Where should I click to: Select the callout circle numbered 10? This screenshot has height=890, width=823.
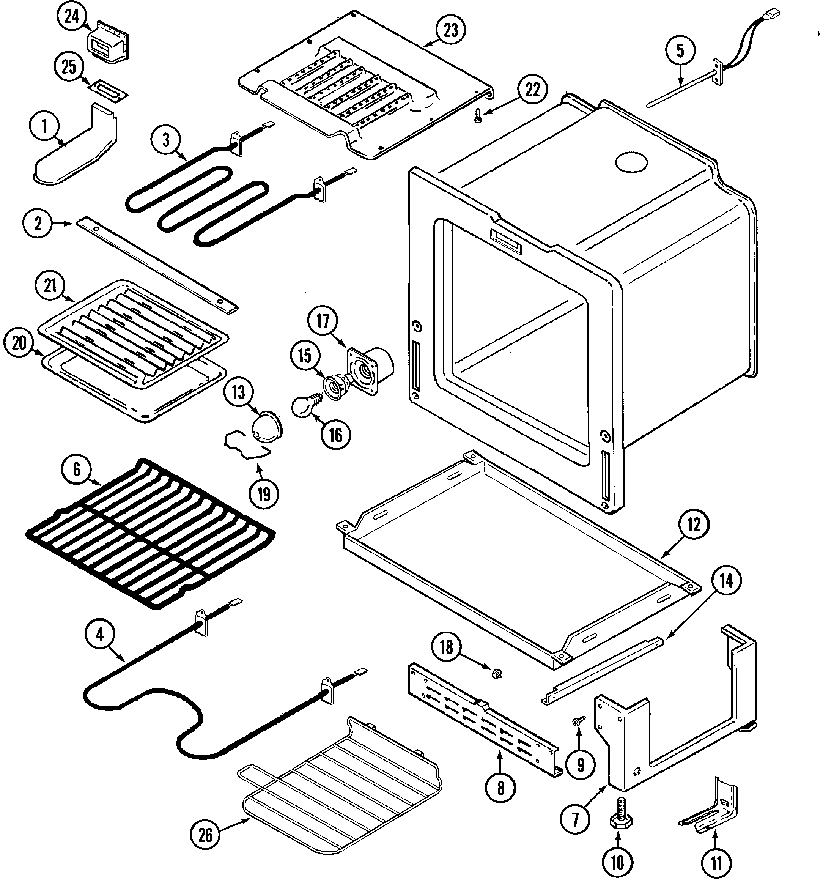pyautogui.click(x=618, y=862)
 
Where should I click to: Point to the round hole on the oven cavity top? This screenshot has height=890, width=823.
pyautogui.click(x=631, y=162)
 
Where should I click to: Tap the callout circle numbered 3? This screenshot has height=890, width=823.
pyautogui.click(x=166, y=140)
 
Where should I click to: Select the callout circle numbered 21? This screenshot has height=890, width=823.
pyautogui.click(x=50, y=285)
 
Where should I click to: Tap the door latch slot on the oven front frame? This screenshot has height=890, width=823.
pyautogui.click(x=505, y=241)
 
